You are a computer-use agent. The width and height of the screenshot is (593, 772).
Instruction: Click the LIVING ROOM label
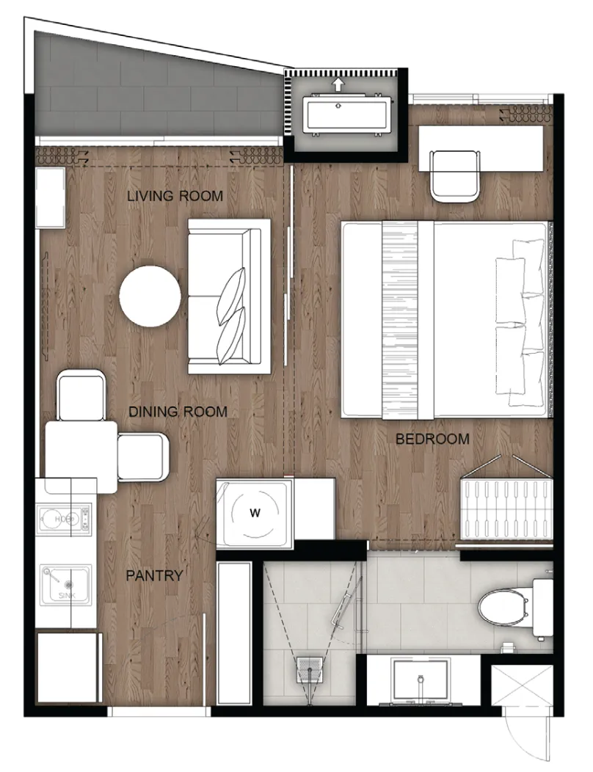click(175, 196)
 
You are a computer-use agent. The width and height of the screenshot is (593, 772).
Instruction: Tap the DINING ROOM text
click(178, 412)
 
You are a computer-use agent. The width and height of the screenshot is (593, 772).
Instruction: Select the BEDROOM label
click(432, 439)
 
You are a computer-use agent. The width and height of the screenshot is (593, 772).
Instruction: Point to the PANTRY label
click(154, 575)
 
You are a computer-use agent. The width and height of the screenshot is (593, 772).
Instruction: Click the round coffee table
click(150, 296)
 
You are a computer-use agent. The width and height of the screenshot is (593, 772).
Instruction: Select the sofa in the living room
click(230, 296)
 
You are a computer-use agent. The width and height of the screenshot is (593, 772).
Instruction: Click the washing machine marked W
click(255, 513)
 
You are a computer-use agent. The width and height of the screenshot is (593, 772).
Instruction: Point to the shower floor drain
click(310, 669)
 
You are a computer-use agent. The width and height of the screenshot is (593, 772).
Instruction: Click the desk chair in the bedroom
click(454, 175)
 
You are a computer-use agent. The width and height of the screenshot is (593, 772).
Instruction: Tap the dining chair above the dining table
click(81, 396)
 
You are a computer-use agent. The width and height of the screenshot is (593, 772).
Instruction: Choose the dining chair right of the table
click(143, 456)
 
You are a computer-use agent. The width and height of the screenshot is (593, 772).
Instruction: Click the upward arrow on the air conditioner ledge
click(338, 84)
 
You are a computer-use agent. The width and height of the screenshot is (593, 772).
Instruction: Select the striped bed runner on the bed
click(401, 320)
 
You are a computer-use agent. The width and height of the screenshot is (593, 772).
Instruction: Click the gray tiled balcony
click(148, 89)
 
